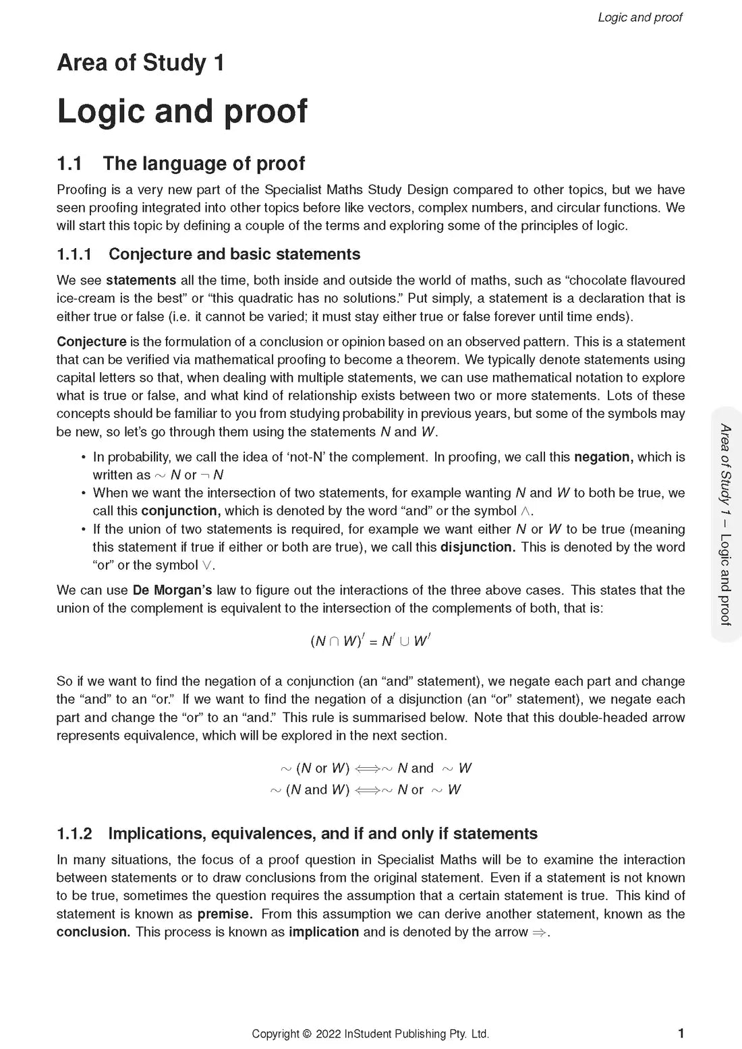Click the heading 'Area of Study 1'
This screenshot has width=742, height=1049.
140,63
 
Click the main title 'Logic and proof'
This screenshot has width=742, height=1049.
182,111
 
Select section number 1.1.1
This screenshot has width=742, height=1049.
75,254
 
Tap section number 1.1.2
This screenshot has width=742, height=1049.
75,834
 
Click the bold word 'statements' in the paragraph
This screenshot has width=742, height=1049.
141,280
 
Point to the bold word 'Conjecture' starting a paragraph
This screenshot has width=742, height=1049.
92,342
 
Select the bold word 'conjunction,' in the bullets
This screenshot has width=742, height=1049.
181,511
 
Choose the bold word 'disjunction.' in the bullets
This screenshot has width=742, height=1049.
478,547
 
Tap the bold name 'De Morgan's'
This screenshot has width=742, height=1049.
172,591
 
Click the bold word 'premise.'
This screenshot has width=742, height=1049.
225,914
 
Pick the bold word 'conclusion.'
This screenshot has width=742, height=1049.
93,932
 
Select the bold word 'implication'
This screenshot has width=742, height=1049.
324,932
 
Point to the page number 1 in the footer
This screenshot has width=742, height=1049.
681,1033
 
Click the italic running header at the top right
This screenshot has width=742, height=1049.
639,18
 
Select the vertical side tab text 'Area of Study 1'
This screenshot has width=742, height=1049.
726,471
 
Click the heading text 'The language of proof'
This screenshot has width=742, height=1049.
204,164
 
